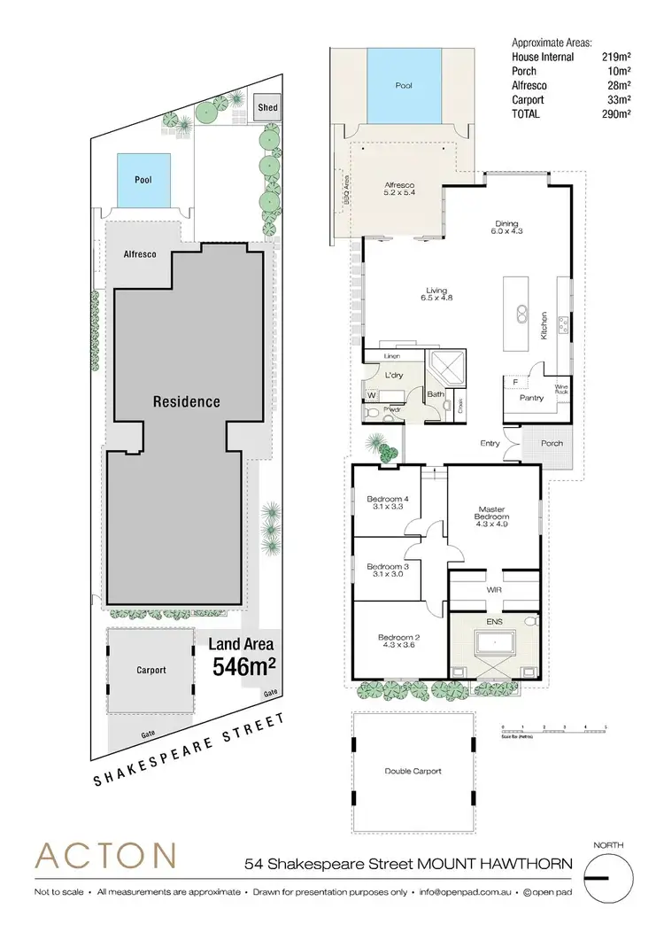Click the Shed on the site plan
tap(267, 107)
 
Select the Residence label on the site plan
tap(187, 401)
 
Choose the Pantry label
tap(531, 398)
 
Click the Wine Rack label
tap(560, 389)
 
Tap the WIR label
tap(494, 587)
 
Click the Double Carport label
tap(413, 771)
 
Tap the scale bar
tap(553, 732)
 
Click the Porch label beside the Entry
tap(552, 443)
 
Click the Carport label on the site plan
tap(151, 671)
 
